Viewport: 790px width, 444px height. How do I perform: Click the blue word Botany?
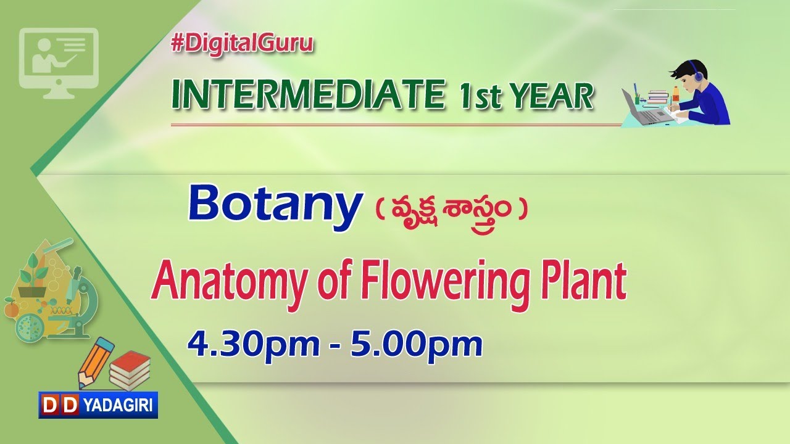click(x=274, y=205)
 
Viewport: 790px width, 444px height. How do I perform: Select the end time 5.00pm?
click(x=416, y=343)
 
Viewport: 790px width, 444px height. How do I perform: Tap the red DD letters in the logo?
click(x=60, y=405)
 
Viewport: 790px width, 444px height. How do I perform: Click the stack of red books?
click(x=130, y=369)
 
